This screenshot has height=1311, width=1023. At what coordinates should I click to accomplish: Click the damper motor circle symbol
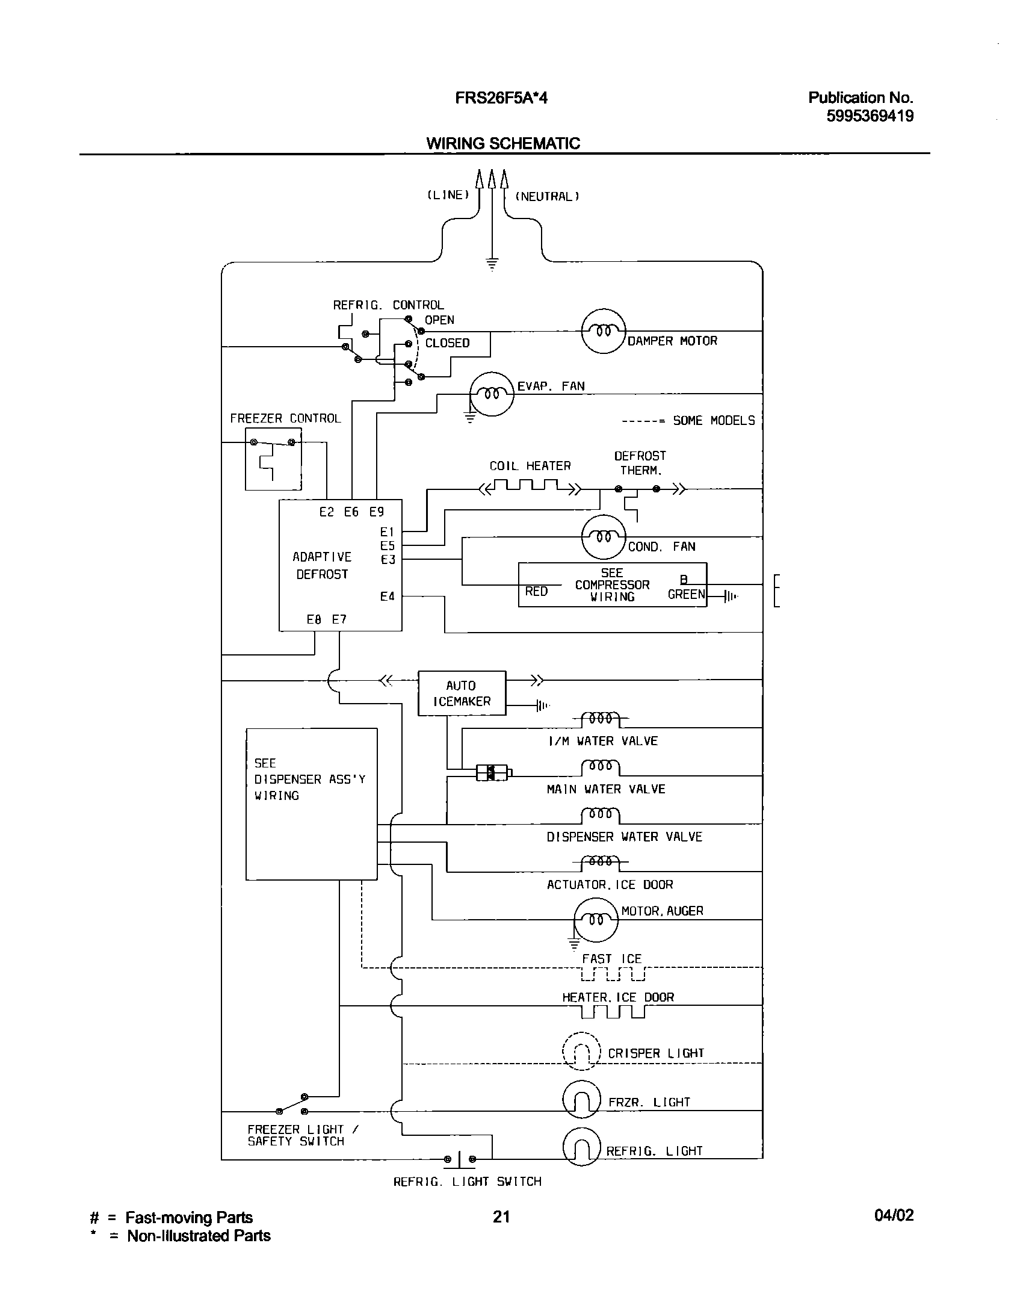click(x=604, y=332)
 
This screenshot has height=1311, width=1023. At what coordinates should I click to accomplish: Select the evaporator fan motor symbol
click(x=492, y=394)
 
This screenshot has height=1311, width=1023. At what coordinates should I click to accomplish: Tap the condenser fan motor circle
click(x=604, y=537)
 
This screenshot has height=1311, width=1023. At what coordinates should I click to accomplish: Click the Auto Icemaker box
click(x=462, y=693)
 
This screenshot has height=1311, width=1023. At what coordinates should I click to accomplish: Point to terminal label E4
click(x=387, y=597)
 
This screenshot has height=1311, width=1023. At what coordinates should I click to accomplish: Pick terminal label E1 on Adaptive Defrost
click(x=387, y=532)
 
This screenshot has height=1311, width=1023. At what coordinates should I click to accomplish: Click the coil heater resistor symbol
click(x=530, y=486)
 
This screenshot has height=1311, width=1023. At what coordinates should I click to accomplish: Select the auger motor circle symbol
click(x=596, y=920)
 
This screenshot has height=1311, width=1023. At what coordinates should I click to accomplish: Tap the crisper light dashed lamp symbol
click(x=581, y=1052)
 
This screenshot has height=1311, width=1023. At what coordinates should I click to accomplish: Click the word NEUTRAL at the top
click(x=547, y=196)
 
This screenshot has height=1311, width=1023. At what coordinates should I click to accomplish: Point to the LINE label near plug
click(x=448, y=195)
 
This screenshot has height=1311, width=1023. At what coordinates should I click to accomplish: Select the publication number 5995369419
click(x=870, y=116)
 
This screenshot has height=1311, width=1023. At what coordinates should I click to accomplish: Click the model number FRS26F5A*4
click(x=501, y=98)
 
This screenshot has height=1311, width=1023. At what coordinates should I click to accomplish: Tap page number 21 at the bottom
click(x=501, y=1216)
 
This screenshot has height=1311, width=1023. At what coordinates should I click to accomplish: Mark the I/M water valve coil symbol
click(x=601, y=719)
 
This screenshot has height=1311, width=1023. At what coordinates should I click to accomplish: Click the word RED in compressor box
click(x=536, y=591)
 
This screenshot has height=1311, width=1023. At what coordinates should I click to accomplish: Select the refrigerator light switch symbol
click(x=460, y=1159)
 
